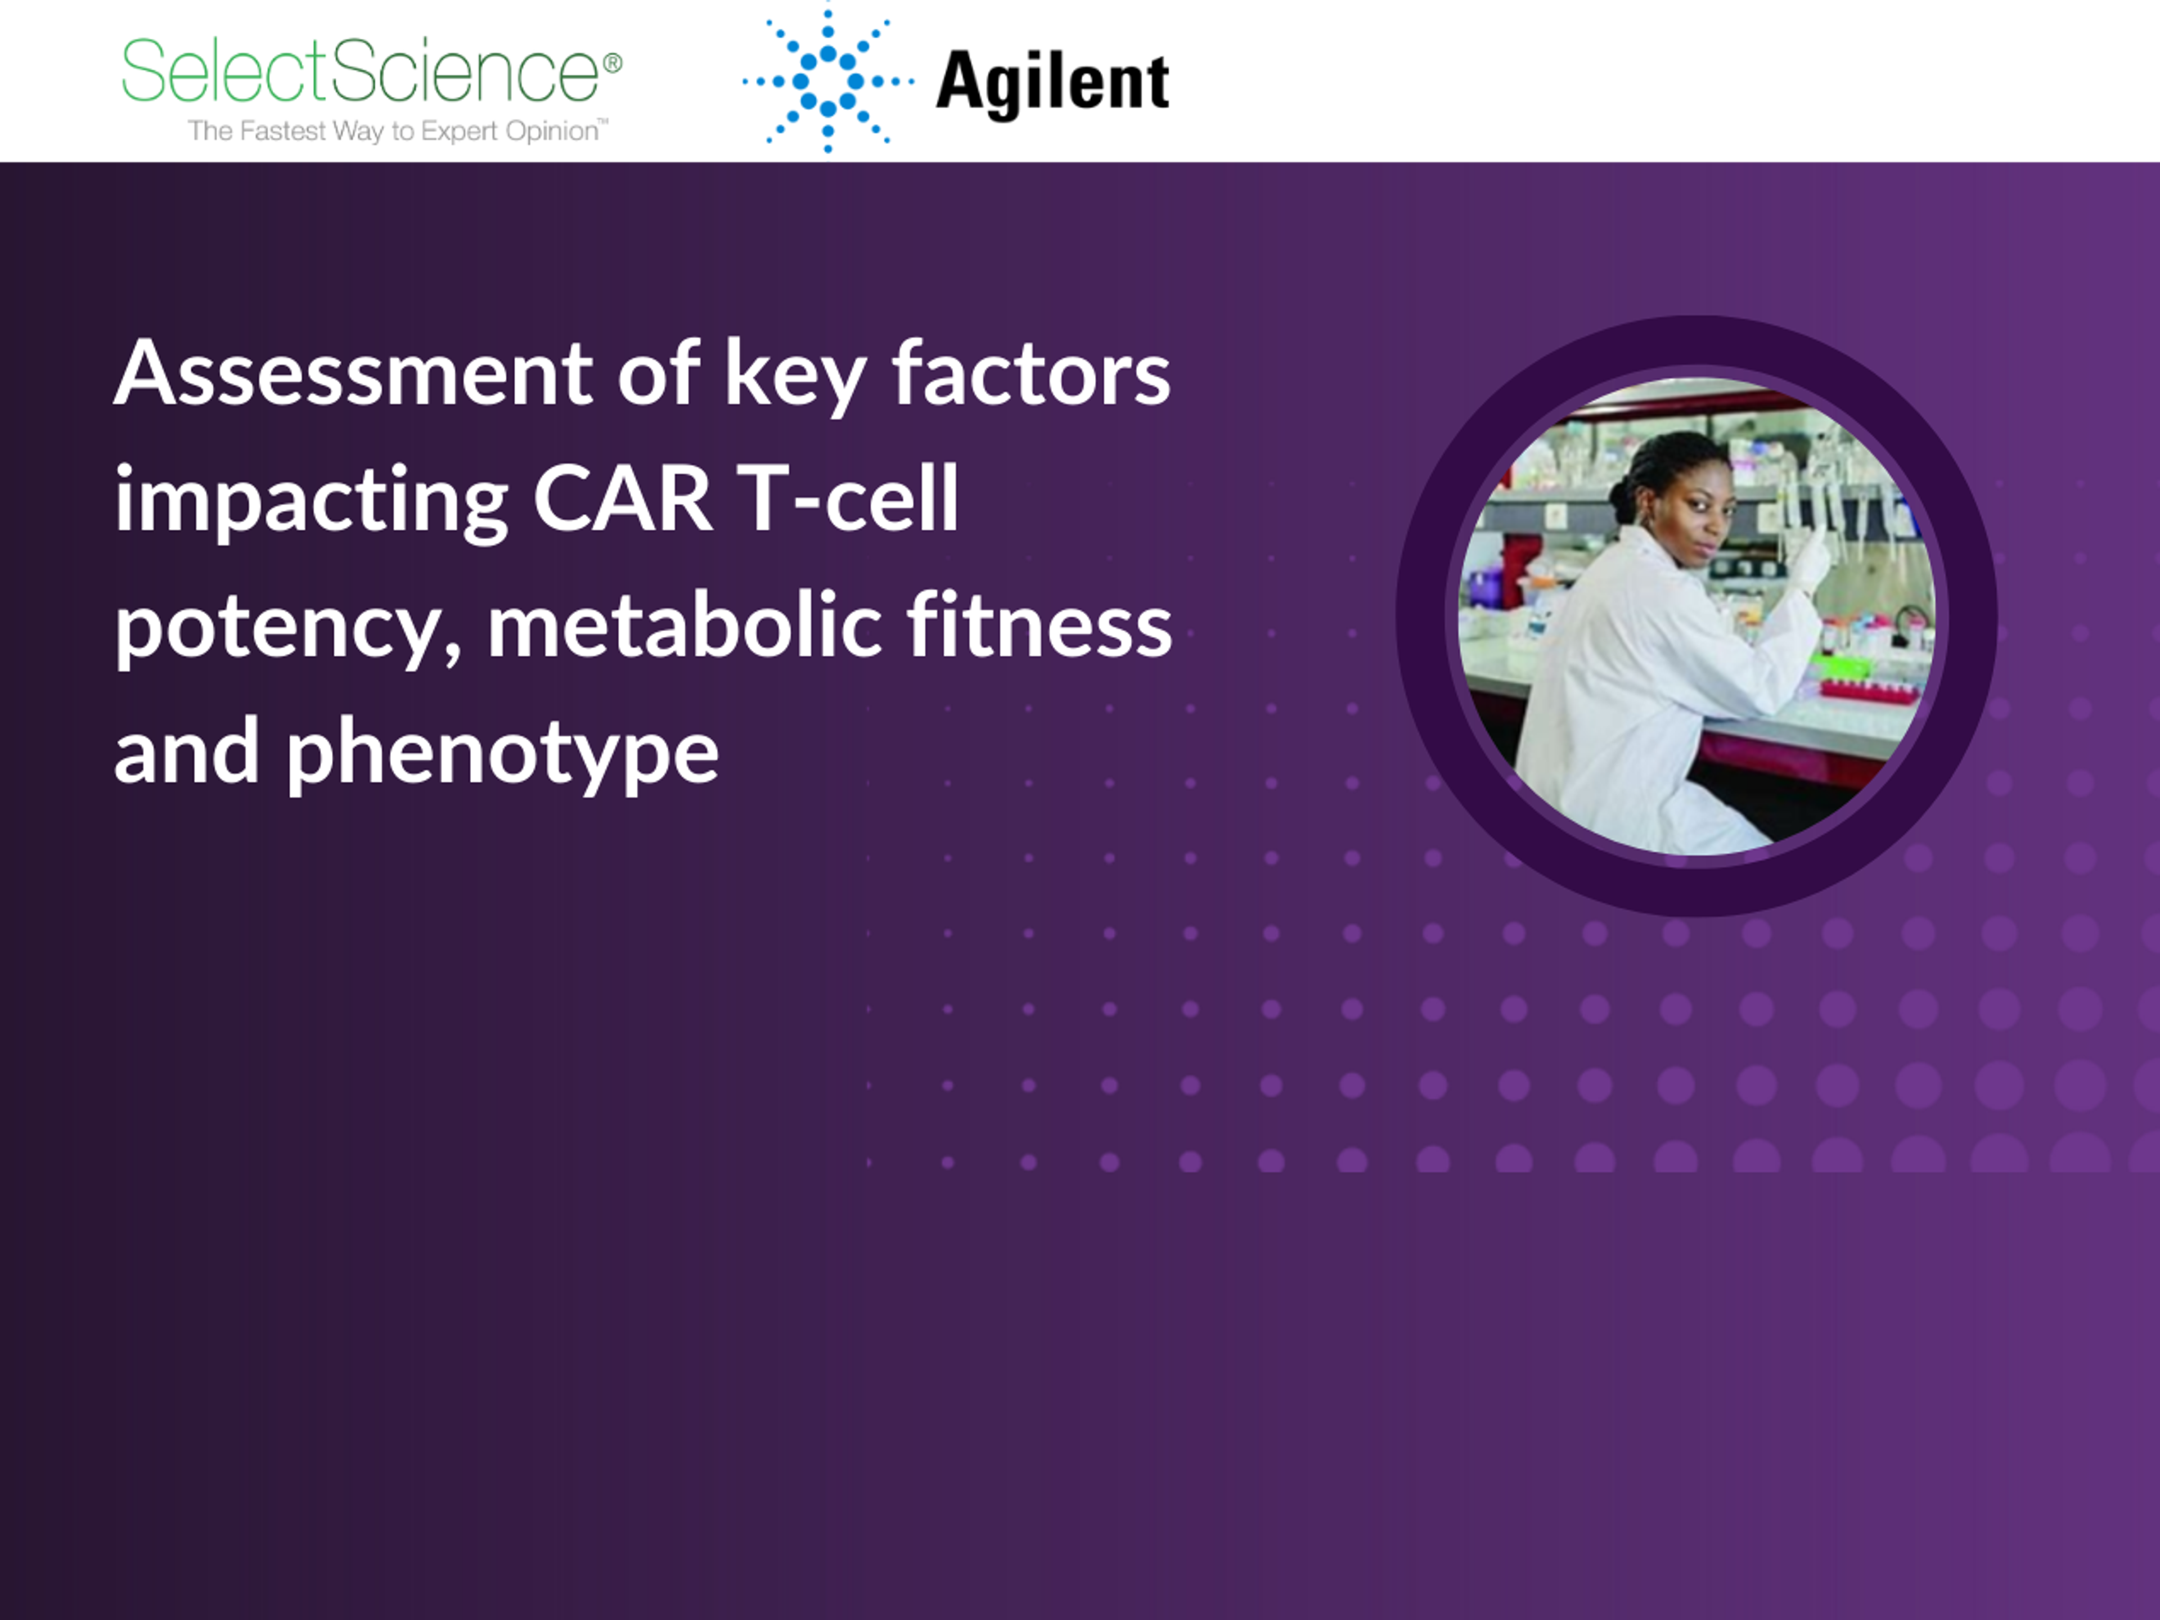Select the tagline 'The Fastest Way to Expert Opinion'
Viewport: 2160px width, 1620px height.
(398, 131)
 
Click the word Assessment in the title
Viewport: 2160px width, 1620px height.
(353, 374)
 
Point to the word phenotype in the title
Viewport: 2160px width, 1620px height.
(502, 755)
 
